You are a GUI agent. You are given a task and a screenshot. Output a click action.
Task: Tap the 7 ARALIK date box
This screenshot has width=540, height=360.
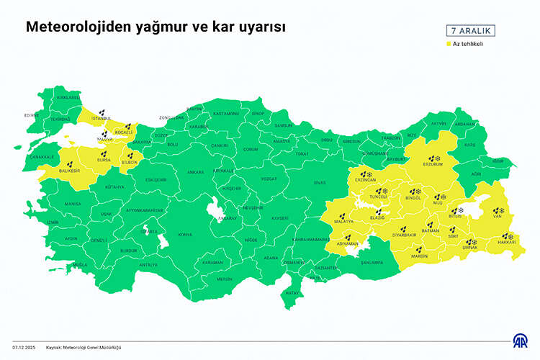coord(469,31)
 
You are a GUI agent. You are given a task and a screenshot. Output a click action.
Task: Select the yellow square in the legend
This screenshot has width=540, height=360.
coord(448,44)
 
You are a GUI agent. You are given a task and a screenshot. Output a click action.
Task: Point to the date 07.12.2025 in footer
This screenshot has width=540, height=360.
coord(24,346)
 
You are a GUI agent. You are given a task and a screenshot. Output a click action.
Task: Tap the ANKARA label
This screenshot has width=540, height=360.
coord(195,173)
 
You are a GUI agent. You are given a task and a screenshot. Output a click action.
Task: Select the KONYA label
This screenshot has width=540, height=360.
coord(185,235)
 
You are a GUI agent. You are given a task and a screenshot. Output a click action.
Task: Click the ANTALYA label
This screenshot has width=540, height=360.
coord(148,265)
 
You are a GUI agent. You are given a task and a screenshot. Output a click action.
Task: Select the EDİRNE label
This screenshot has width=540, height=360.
coord(32,115)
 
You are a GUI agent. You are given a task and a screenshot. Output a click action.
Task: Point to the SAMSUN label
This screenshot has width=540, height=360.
coord(284,125)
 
